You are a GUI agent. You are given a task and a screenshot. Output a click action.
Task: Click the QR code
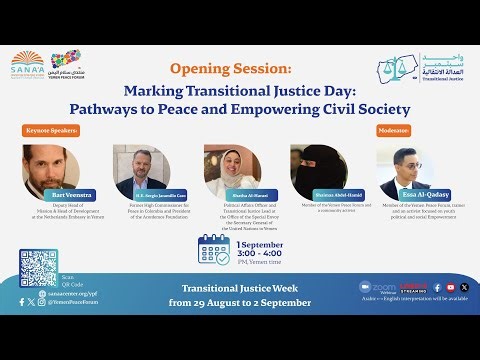point(38,268)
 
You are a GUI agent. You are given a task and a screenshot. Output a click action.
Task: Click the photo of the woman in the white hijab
point(232,171)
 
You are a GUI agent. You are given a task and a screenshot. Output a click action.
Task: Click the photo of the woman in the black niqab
point(319,170)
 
